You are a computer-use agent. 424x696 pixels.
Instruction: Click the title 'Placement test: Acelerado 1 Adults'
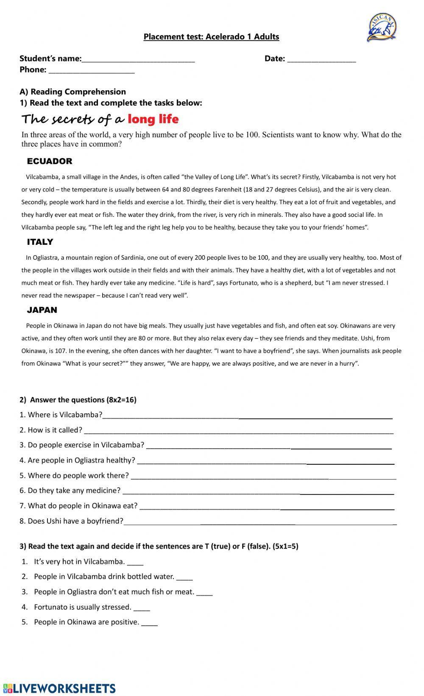[211, 36]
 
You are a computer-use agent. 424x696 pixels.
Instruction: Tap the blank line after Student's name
[138, 59]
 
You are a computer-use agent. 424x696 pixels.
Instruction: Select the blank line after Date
[321, 59]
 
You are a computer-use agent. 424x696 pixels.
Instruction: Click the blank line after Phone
[92, 70]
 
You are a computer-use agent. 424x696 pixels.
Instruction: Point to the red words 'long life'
[153, 119]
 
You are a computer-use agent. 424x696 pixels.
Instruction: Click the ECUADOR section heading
[49, 161]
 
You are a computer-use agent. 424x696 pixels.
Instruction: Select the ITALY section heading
[40, 242]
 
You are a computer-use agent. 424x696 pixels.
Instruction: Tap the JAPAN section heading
[42, 310]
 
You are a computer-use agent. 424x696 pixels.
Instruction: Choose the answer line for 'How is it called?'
[239, 431]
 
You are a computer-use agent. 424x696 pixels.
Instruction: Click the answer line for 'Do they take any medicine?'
[258, 491]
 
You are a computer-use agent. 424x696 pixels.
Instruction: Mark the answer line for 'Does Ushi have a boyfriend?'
[259, 522]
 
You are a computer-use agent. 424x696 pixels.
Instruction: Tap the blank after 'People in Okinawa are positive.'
[149, 623]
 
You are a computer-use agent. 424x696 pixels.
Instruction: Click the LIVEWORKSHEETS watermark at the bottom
[59, 688]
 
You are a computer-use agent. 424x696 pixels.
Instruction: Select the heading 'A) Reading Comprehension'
[73, 92]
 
